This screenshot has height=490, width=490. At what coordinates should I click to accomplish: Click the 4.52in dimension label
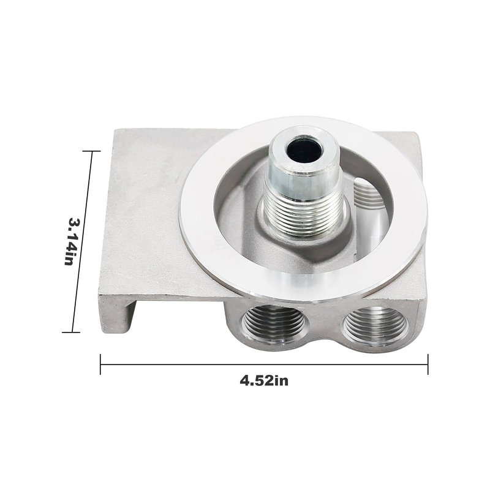tap(264, 380)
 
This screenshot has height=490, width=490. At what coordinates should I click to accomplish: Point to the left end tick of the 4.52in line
tap(100, 364)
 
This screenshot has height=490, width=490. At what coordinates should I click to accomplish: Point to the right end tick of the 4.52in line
tap(428, 364)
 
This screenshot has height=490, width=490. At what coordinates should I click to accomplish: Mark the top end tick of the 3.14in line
tap(92, 151)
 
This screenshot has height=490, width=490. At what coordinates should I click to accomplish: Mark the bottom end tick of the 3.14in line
tap(71, 332)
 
